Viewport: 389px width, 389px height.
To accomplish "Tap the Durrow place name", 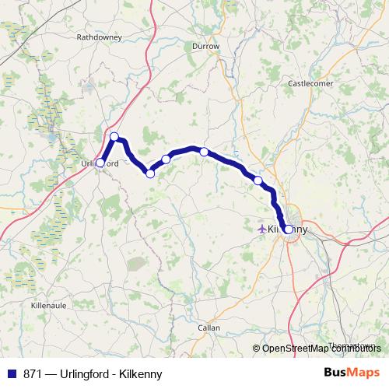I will (206, 47).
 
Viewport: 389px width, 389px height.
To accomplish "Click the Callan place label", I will (209, 328).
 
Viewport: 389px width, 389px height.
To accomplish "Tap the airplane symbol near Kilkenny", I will (261, 230).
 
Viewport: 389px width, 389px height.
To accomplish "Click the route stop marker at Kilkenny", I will (288, 230).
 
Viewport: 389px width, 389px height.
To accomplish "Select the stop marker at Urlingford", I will (100, 163).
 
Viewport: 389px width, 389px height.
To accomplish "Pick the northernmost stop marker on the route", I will (114, 137).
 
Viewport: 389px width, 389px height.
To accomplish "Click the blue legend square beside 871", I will (11, 374).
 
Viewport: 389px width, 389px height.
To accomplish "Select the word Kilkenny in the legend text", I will (140, 374).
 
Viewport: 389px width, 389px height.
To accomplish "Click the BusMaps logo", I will (351, 373).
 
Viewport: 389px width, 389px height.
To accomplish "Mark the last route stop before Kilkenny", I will (258, 180).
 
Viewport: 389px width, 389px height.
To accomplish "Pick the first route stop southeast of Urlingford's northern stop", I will (150, 173).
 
